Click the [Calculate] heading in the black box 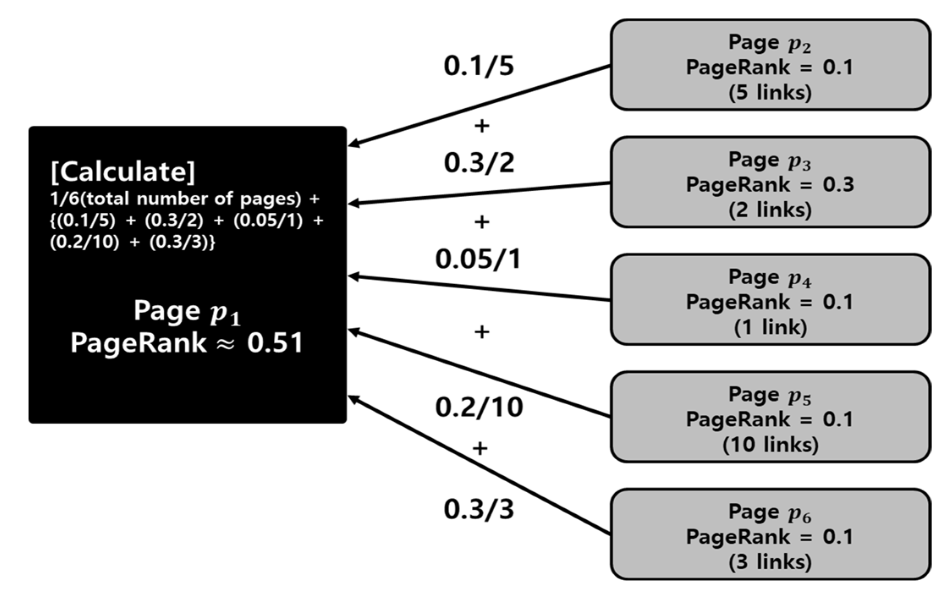(123, 172)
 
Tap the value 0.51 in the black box (275, 343)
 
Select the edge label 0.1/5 (478, 66)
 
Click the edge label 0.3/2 (478, 163)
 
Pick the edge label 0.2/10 (478, 407)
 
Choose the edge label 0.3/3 (478, 509)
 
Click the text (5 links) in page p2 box (770, 92)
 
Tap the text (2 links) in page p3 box (770, 210)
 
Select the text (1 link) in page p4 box (770, 327)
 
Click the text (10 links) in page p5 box (770, 444)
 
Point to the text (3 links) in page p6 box (770, 562)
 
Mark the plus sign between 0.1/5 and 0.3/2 (482, 126)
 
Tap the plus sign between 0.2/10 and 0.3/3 (480, 448)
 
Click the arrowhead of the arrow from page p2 (352, 145)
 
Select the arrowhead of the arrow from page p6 (352, 398)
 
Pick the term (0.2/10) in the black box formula (85, 242)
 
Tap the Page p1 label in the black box (187, 312)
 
